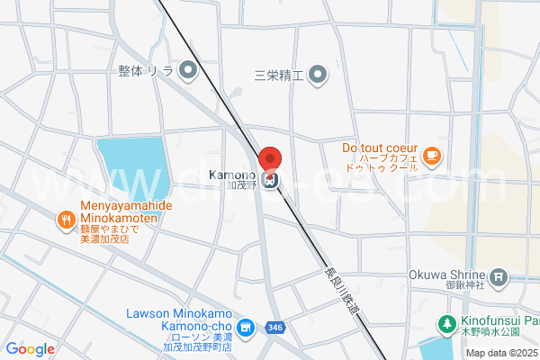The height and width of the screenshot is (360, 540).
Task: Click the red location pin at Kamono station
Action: coord(270,157)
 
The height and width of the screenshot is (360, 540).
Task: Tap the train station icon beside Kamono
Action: coord(271,178)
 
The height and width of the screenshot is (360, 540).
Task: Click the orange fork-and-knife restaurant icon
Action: coord(66,219)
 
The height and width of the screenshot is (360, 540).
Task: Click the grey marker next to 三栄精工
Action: coord(318,75)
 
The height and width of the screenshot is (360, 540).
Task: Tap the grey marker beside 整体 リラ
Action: coord(188,69)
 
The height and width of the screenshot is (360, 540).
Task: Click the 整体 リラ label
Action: coord(146,69)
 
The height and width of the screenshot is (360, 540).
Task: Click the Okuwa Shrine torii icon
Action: coord(500,276)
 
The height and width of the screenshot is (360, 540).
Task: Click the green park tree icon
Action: coord(445,323)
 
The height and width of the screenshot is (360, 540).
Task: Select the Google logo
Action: coord(30,349)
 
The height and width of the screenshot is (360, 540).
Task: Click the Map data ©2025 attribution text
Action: coord(501,353)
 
